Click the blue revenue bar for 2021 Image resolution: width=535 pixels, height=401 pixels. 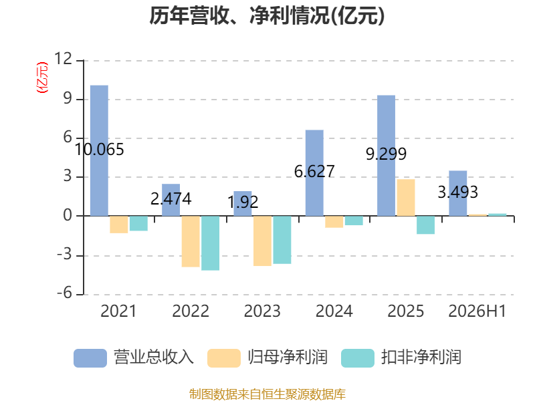99,150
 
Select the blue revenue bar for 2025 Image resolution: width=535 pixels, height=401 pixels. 387,156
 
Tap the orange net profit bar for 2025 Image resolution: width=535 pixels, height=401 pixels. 406,197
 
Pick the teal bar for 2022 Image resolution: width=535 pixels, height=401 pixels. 210,243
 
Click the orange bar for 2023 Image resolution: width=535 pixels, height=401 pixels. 262,241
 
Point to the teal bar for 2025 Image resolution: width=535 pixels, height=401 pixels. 426,225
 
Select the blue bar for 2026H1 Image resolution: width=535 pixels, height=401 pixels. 458,193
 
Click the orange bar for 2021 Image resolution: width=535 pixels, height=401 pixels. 119,225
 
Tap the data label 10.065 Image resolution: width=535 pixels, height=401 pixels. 99,150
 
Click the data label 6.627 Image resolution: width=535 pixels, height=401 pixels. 314,172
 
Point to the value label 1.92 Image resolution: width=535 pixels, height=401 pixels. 243,203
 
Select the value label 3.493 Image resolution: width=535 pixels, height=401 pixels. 458,192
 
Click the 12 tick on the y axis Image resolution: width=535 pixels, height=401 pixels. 63,59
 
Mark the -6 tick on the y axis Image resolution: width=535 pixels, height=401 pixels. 64,293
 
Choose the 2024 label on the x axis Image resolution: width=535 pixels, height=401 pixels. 334,311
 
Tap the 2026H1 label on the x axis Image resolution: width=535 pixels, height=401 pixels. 477,311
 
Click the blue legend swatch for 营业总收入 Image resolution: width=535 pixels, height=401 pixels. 90,358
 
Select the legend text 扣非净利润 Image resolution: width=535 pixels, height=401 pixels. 421,358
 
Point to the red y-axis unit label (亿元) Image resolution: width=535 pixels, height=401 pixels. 42,78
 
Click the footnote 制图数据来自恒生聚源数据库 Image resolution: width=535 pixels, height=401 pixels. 267,394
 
